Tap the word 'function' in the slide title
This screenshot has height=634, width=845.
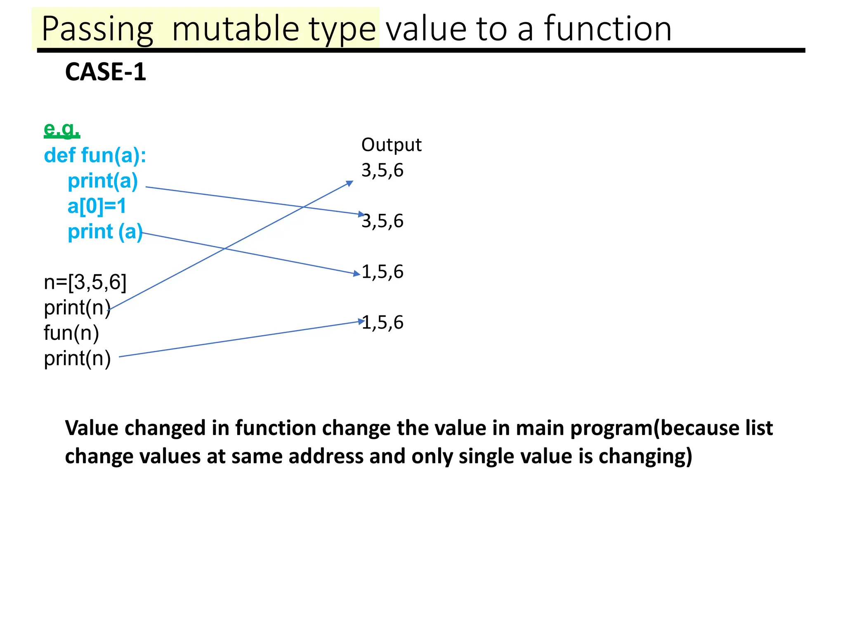608,29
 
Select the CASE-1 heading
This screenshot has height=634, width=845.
106,72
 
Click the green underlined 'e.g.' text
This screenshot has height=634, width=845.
62,129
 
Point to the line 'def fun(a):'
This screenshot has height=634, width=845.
95,156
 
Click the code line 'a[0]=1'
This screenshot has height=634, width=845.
97,206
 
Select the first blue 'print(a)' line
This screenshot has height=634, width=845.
103,181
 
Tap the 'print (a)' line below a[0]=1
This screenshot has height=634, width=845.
105,232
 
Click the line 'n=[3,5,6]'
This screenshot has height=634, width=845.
85,282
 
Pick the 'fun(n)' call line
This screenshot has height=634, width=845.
71,333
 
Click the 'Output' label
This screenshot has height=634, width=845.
391,145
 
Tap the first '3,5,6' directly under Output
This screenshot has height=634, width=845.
382,170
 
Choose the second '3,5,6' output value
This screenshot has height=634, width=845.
382,221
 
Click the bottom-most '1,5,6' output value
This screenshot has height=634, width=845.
382,322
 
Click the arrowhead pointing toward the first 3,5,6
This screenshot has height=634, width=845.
350,183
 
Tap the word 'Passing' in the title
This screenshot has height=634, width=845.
97,29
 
